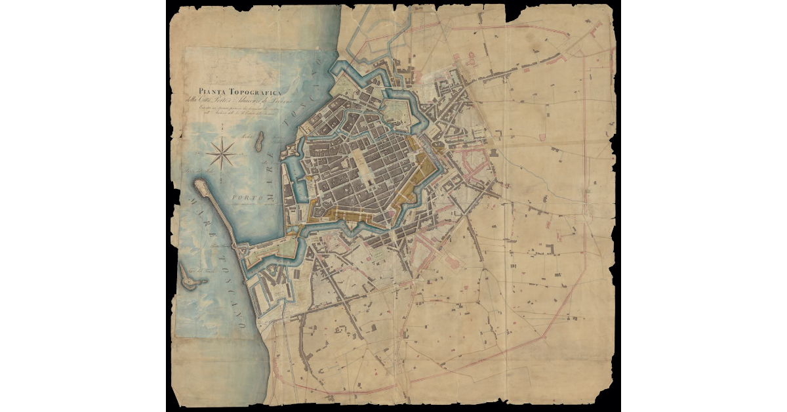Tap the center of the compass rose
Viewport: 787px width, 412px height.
(222, 155)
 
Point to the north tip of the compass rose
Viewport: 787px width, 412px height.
(222, 138)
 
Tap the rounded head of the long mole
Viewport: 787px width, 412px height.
(200, 187)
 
